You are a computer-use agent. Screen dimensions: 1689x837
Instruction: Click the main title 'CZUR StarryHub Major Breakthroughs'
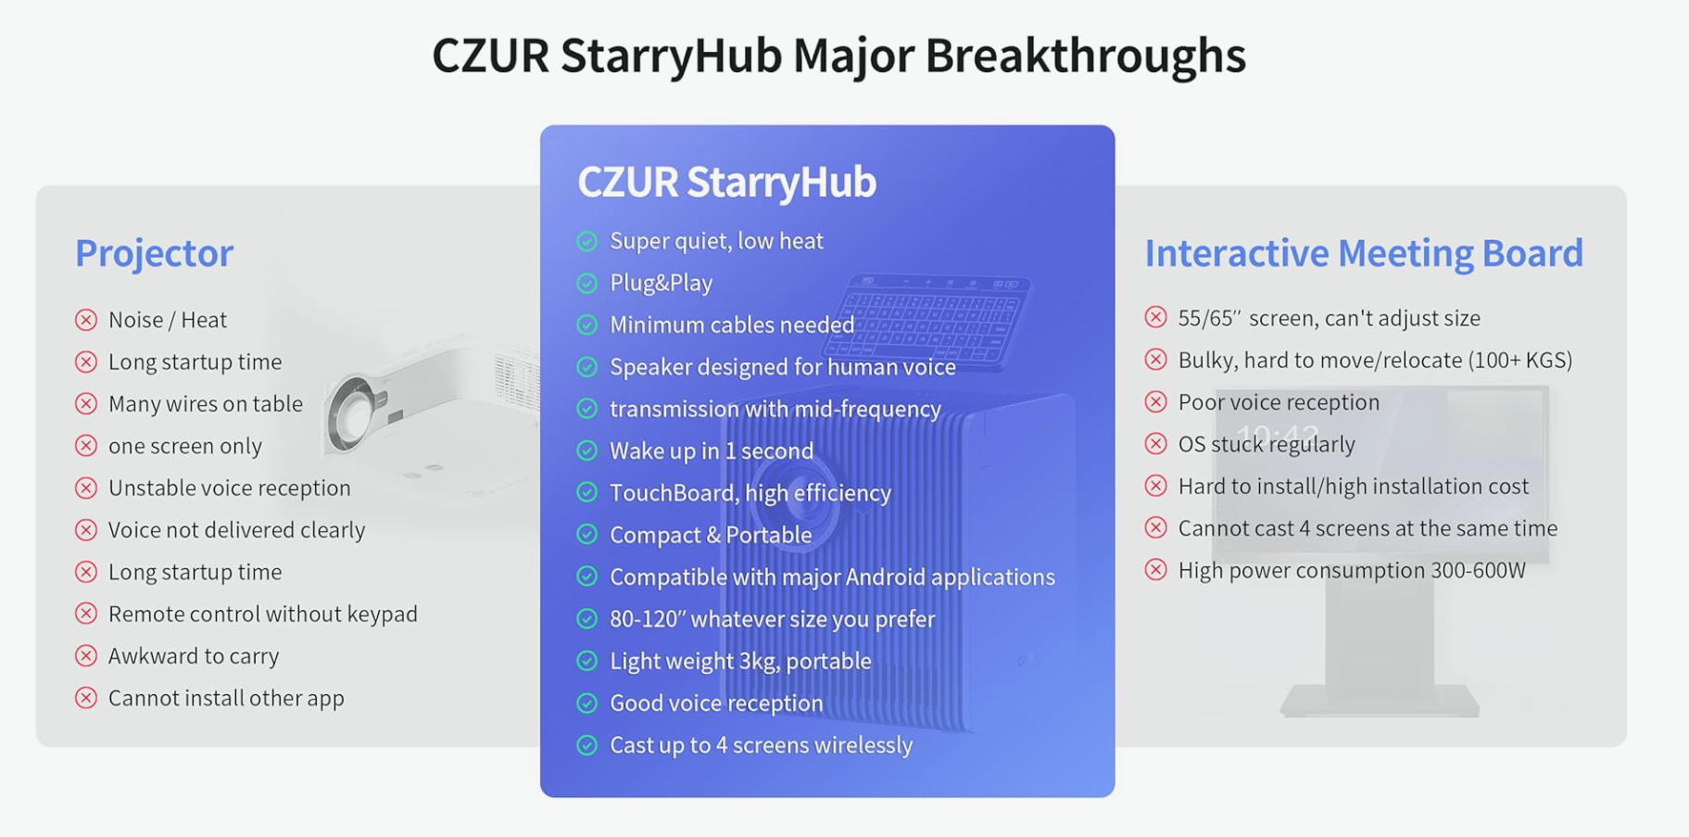click(838, 55)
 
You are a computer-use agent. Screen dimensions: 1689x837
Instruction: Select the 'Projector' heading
click(154, 253)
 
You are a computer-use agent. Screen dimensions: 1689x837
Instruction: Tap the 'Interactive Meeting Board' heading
click(1364, 253)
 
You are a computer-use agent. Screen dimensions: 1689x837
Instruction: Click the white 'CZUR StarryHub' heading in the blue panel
click(726, 182)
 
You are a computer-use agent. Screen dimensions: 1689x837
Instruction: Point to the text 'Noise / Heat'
click(168, 320)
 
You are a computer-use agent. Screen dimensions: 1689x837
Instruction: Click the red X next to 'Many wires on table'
click(86, 404)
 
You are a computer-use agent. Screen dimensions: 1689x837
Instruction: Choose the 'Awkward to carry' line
click(194, 656)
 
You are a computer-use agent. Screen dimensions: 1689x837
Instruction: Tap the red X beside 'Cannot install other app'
click(86, 698)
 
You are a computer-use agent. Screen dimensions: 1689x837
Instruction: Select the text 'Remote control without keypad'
click(263, 614)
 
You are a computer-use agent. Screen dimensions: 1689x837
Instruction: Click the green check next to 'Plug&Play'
click(587, 284)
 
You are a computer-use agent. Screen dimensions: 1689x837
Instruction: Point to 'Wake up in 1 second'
click(712, 451)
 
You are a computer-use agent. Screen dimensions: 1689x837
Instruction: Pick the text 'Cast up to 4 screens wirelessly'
click(761, 745)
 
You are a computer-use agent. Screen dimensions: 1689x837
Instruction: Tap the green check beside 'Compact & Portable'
click(587, 535)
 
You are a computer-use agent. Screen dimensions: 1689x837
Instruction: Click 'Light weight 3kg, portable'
click(740, 661)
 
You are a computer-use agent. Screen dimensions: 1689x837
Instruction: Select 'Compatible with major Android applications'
click(832, 577)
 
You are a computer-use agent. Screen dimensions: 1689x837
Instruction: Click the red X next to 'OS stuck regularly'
click(1155, 444)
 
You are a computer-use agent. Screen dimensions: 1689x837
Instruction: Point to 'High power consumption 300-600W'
click(1352, 571)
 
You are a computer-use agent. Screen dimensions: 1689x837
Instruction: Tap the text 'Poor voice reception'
click(1279, 402)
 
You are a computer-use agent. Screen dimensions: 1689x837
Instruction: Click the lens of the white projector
click(353, 412)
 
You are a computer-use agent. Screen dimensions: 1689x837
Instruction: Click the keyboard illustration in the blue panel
click(926, 321)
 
